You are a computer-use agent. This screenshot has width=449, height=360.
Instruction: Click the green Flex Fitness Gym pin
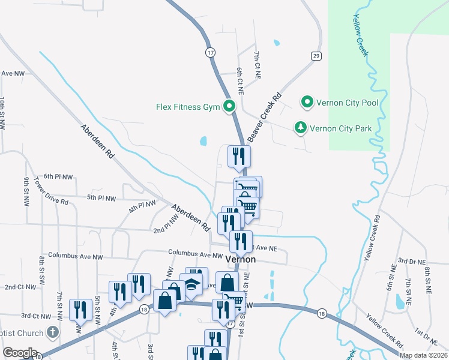pos(229,107)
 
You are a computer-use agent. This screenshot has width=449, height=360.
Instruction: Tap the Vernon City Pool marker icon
pos(307,103)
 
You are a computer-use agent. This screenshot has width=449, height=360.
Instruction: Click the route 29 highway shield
pos(316,56)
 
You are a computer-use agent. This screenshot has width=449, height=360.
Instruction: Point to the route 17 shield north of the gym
pos(209,52)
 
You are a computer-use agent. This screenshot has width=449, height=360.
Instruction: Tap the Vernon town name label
pos(241,260)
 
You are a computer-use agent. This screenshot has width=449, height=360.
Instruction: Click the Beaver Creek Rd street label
pos(264,118)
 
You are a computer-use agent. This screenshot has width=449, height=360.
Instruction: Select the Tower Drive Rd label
pos(51,190)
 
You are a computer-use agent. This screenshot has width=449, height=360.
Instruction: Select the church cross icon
pos(53,332)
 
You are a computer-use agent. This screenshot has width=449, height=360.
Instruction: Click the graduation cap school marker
pos(191,284)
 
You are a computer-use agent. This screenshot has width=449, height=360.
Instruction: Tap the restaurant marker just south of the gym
pos(239,156)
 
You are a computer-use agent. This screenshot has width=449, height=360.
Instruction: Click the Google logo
pos(20,353)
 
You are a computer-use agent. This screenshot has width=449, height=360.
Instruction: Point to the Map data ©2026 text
pos(423,355)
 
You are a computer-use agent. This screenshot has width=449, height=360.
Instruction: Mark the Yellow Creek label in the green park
pos(361,35)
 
